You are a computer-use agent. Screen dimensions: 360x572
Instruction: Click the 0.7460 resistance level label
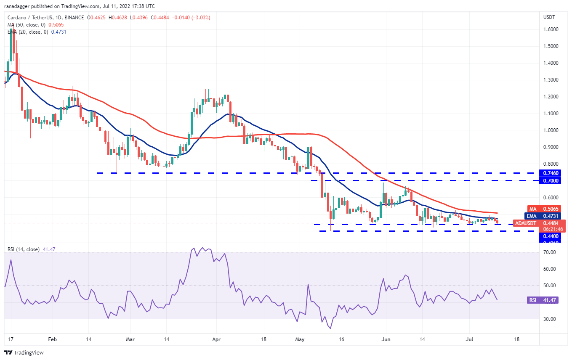click(x=551, y=173)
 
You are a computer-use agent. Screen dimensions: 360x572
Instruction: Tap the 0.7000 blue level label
click(x=551, y=180)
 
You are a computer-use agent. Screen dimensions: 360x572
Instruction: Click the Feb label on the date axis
click(x=52, y=339)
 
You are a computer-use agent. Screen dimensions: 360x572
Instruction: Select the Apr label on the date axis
click(x=216, y=339)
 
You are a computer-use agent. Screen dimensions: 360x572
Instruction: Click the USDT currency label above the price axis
click(x=550, y=17)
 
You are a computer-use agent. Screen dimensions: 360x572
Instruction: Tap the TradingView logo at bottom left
click(x=24, y=352)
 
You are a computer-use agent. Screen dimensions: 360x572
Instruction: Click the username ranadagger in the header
click(x=19, y=6)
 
